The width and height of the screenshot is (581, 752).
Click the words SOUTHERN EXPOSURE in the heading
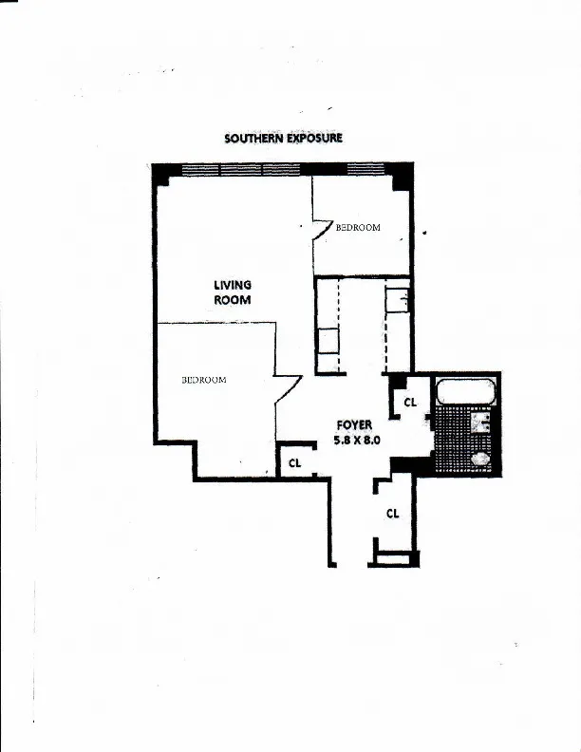pyautogui.click(x=283, y=138)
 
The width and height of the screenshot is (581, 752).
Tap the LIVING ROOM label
pyautogui.click(x=232, y=291)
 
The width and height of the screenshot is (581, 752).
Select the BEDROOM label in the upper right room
pyautogui.click(x=358, y=228)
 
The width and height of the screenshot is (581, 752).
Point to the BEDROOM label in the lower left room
pyautogui.click(x=203, y=380)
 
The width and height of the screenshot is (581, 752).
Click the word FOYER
pyautogui.click(x=354, y=425)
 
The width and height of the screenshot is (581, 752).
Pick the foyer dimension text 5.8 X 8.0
pyautogui.click(x=356, y=441)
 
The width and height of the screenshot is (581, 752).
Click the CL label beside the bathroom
pyautogui.click(x=410, y=403)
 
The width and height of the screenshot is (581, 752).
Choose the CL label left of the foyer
pyautogui.click(x=295, y=463)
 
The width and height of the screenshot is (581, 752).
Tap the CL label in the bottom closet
pyautogui.click(x=392, y=513)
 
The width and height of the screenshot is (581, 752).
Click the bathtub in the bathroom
pyautogui.click(x=463, y=391)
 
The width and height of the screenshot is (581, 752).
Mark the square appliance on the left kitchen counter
pyautogui.click(x=328, y=341)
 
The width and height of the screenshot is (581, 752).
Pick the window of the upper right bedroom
pyautogui.click(x=355, y=169)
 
